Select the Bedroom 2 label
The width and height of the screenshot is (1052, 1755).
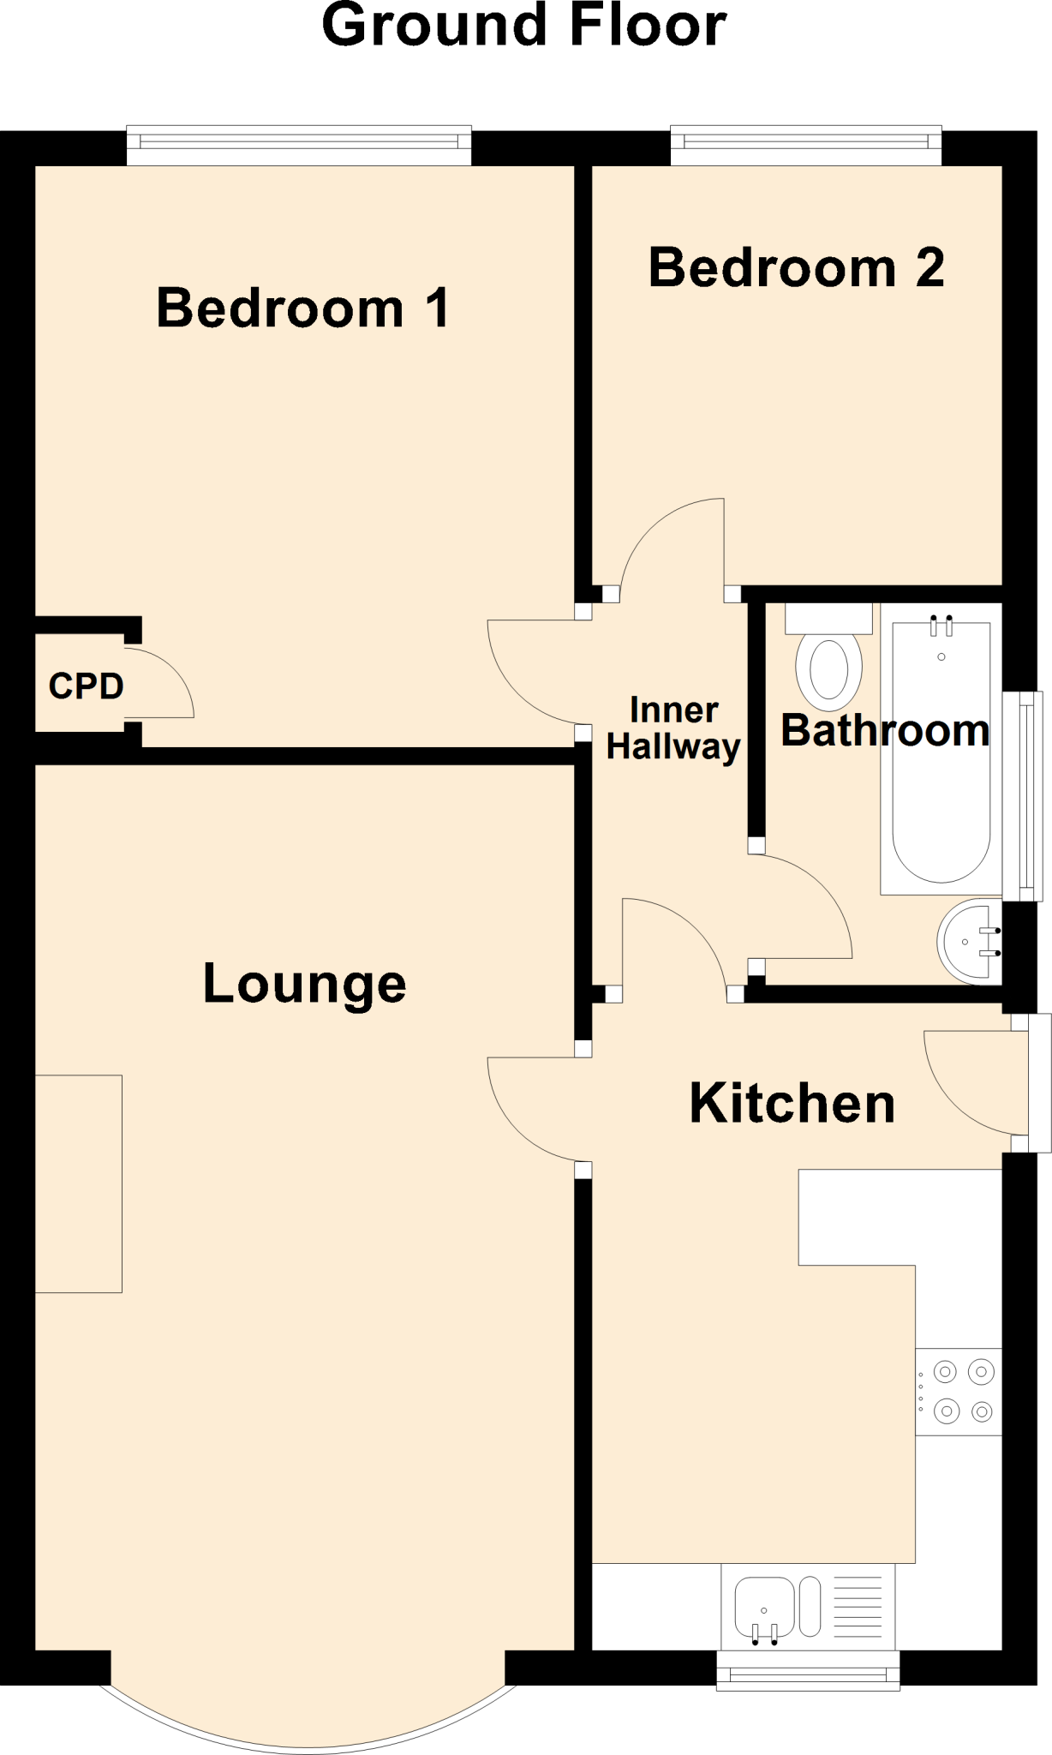(797, 267)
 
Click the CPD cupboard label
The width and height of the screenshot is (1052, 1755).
(87, 686)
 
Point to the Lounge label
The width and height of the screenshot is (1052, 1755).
(304, 984)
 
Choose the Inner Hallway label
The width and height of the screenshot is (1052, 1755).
(673, 728)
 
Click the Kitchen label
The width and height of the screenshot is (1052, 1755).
(792, 1103)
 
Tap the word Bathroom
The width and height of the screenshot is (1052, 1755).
(885, 730)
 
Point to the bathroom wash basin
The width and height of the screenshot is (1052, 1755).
(969, 942)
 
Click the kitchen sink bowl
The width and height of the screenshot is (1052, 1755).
(764, 1607)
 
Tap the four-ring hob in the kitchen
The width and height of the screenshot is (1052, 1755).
(959, 1392)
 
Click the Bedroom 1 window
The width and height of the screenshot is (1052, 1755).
(299, 146)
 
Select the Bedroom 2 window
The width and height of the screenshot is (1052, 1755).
(806, 146)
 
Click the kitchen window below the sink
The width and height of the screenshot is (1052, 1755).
(808, 1670)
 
